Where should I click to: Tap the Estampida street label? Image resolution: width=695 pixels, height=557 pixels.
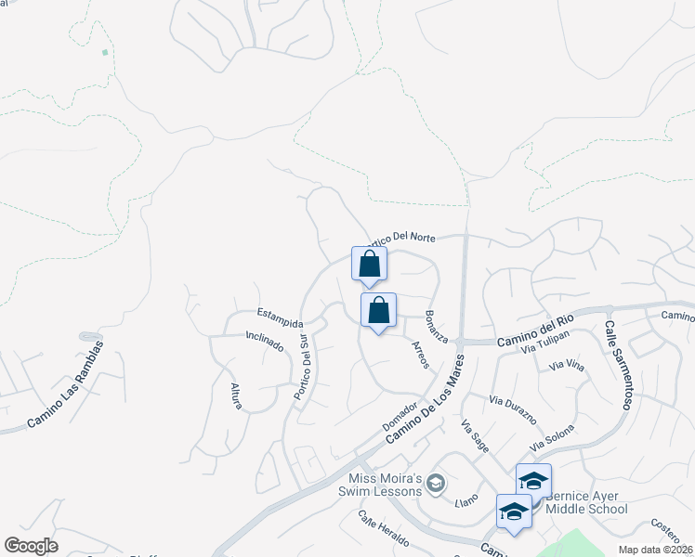tap(280, 316)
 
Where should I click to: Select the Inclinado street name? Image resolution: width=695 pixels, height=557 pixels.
tap(265, 341)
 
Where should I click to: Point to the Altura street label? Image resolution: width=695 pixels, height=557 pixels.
tap(236, 395)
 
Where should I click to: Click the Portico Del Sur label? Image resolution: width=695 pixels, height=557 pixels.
tap(301, 368)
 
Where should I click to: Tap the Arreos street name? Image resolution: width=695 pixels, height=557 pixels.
tap(418, 355)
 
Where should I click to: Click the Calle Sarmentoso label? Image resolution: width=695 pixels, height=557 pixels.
tap(619, 366)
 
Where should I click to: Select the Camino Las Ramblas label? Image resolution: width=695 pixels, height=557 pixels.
tap(64, 383)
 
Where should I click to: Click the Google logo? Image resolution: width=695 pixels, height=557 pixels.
tap(31, 546)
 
